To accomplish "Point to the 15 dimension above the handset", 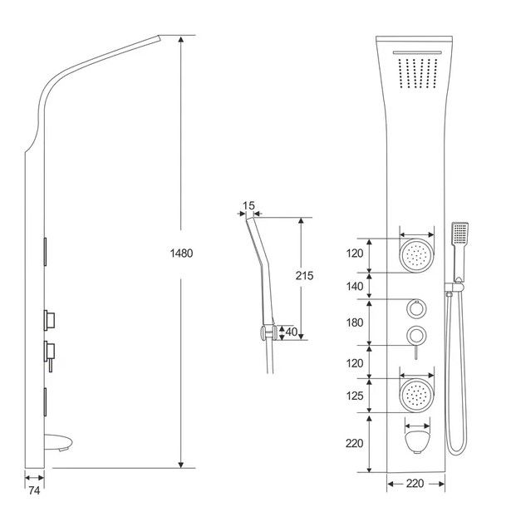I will pyautogui.click(x=248, y=204).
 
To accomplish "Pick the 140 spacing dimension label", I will pyautogui.click(x=356, y=286).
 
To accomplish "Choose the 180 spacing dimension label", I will pyautogui.click(x=356, y=322).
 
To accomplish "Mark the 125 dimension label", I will pyautogui.click(x=356, y=396).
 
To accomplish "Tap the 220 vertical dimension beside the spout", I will pyautogui.click(x=356, y=444).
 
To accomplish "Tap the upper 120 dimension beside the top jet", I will pyautogui.click(x=356, y=254).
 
